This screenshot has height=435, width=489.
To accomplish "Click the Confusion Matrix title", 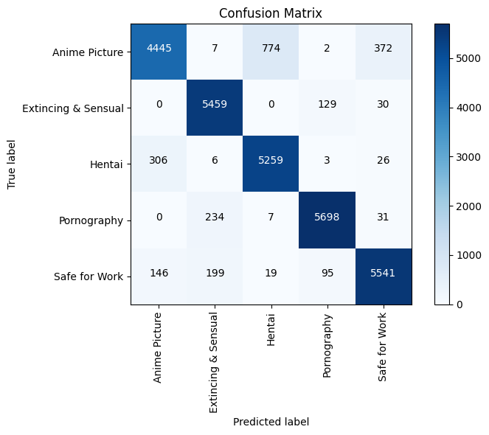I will coord(271,13).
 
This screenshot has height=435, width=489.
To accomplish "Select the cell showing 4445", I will coord(159,52).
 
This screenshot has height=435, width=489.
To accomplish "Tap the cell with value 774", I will coord(271,52).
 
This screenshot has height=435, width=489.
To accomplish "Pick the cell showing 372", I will coord(383,52).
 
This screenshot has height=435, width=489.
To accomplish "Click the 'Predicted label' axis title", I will coord(271,422).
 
